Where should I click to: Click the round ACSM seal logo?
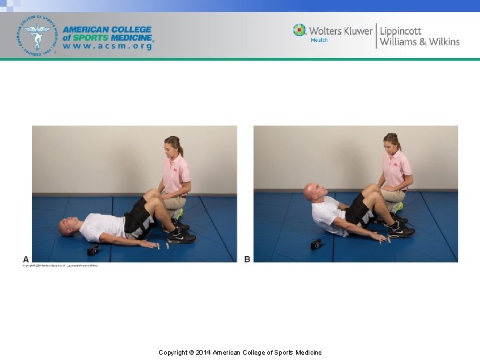pos(37,35)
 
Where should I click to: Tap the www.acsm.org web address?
pos(107,47)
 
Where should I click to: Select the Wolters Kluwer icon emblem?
pos(299,31)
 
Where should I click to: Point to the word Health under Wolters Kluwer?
pos(319,41)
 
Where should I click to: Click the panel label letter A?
pos(26,259)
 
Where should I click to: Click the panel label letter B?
pos(247,259)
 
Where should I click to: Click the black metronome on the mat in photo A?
pos(94,250)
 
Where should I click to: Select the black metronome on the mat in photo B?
pos(316,244)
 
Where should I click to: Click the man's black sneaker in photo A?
pos(181,237)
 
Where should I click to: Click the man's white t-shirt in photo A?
pos(101,227)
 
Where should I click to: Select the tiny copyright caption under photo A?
pos(61,265)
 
